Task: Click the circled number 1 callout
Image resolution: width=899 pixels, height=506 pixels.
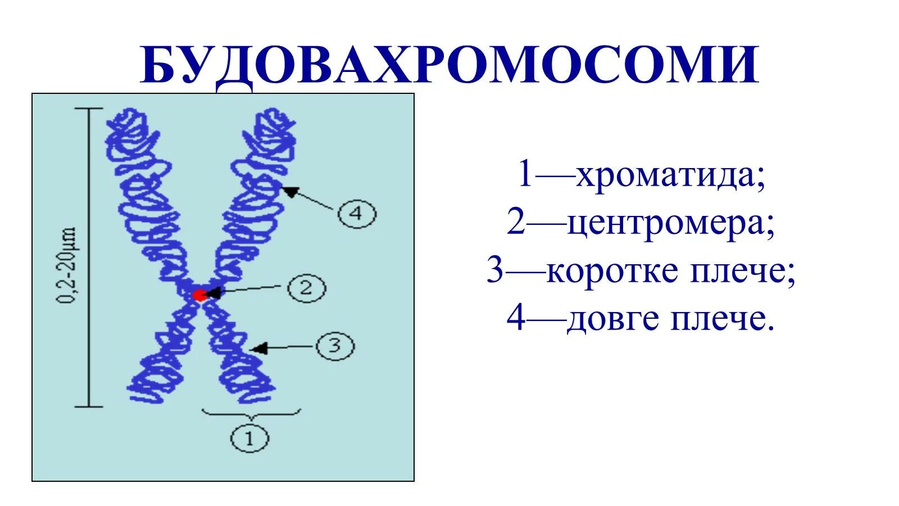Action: pos(249,437)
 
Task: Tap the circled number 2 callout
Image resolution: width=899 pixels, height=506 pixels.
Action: pos(306,288)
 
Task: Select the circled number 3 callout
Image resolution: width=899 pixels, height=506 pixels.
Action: pos(335,345)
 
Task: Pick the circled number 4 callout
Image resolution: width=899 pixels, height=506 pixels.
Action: pos(357,214)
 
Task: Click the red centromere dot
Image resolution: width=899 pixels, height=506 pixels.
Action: pos(199,295)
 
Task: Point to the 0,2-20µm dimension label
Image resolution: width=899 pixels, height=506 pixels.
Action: pos(67,265)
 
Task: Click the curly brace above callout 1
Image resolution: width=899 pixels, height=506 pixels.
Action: pos(251,415)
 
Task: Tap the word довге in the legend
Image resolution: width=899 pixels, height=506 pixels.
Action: pos(613,319)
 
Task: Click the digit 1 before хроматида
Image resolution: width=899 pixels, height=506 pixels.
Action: pos(525,174)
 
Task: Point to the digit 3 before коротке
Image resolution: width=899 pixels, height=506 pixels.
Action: pos(495,271)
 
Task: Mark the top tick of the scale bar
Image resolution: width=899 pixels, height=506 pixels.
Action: pos(89,108)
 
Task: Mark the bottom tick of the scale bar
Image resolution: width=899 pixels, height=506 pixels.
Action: pos(89,406)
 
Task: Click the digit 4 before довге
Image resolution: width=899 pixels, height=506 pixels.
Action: pos(516,319)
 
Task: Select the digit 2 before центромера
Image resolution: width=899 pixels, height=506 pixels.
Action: pos(515,223)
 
